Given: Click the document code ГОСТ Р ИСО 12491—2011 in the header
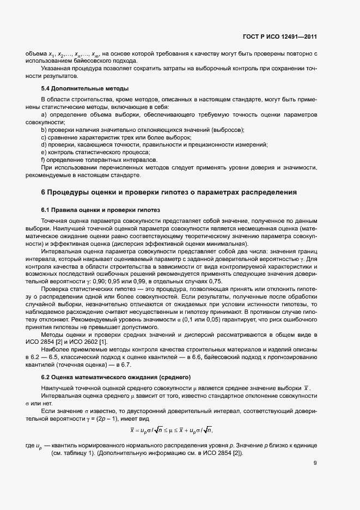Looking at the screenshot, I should (279, 37).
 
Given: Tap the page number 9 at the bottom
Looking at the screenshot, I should (315, 463).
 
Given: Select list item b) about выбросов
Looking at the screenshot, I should (143, 130).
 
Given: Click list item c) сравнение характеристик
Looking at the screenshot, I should (116, 138).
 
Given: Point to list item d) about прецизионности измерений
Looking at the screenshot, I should (155, 145).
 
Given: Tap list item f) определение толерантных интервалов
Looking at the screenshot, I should (99, 160).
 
